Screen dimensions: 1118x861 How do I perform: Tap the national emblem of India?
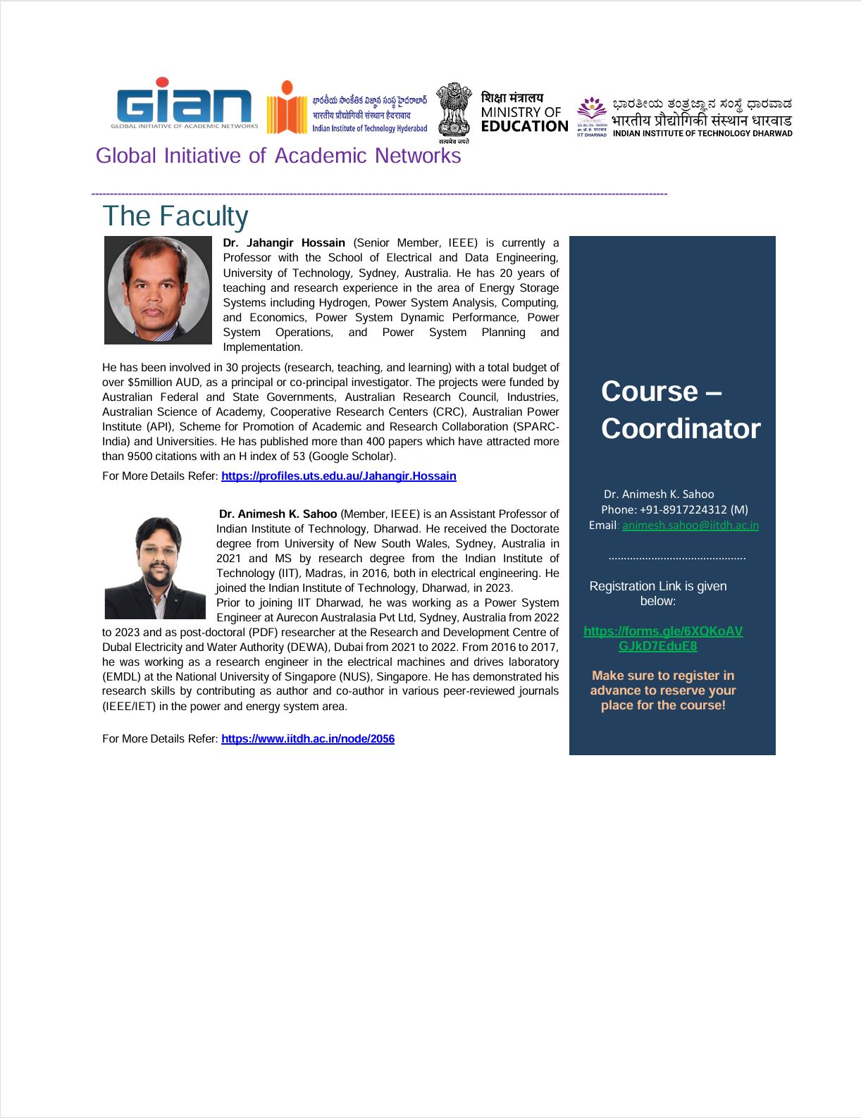pyautogui.click(x=453, y=111)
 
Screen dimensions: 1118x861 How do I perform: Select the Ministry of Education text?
pyautogui.click(x=524, y=113)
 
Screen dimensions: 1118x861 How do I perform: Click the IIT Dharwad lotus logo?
pyautogui.click(x=591, y=113)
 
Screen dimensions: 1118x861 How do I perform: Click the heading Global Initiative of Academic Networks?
pyautogui.click(x=278, y=156)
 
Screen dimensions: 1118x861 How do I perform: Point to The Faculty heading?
pyautogui.click(x=175, y=216)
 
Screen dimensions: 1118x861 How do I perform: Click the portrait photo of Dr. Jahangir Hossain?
pyautogui.click(x=158, y=290)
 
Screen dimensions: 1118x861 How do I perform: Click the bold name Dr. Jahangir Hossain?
pyautogui.click(x=284, y=243)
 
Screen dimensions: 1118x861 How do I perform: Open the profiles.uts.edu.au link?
pyautogui.click(x=338, y=476)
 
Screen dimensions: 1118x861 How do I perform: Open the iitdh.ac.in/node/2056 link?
pyautogui.click(x=308, y=739)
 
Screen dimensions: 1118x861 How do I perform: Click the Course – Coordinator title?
pyautogui.click(x=680, y=410)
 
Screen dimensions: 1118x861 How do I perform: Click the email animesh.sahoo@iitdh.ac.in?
pyautogui.click(x=690, y=525)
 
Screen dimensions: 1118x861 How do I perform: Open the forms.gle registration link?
pyautogui.click(x=662, y=638)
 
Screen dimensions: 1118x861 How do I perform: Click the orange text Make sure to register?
pyautogui.click(x=663, y=690)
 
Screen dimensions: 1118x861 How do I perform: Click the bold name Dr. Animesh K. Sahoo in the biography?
pyautogui.click(x=278, y=514)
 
